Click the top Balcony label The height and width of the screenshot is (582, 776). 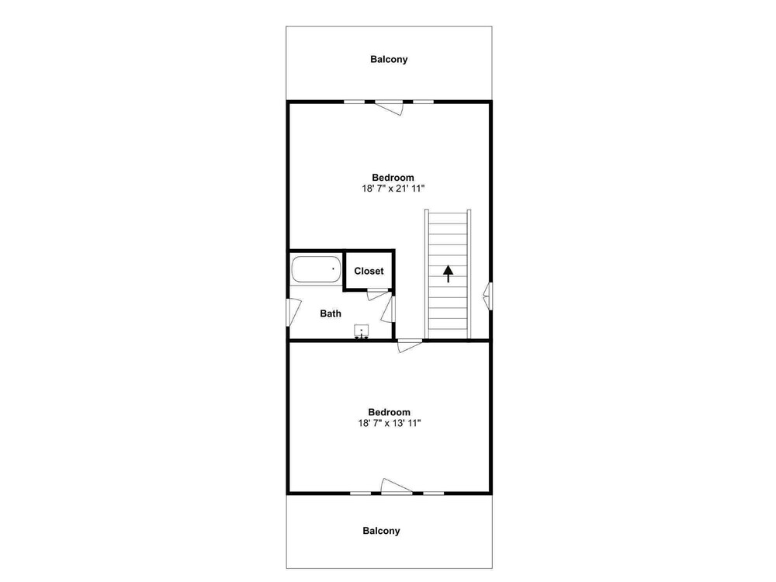tap(389, 60)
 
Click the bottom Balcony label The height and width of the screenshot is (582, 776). tap(381, 531)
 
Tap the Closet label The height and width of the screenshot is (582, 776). tap(369, 271)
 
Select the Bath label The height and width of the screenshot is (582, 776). tap(331, 314)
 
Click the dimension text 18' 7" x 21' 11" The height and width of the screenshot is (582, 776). tap(393, 189)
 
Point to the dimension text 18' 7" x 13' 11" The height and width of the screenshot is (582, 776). tap(390, 423)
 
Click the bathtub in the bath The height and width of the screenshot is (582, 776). tap(317, 268)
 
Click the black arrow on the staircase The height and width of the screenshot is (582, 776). tap(449, 274)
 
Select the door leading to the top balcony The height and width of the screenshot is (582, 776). tap(389, 107)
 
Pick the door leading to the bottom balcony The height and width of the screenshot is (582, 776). tap(397, 487)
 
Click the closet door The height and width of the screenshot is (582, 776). tap(378, 294)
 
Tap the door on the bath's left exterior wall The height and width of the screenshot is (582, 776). tap(293, 312)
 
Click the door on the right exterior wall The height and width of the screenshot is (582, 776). tap(488, 296)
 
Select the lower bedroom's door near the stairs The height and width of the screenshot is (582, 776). tap(410, 345)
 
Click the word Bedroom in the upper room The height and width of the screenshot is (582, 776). tap(393, 178)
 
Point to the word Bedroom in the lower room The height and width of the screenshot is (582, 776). tap(389, 412)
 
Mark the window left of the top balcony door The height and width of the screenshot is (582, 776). tap(355, 102)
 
